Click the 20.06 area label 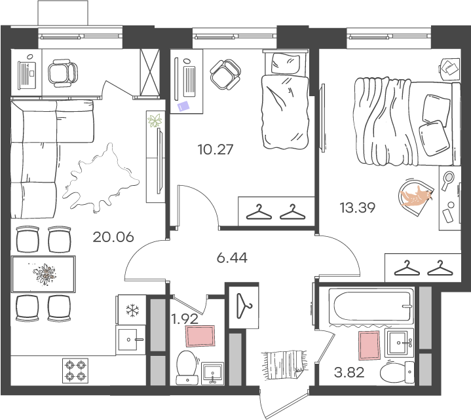(x=113, y=237)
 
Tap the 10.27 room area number (x=216, y=149)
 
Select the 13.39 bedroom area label (x=358, y=207)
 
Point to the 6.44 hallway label (x=232, y=258)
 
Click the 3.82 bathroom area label (x=349, y=373)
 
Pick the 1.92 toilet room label (x=185, y=319)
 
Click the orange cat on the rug (x=417, y=196)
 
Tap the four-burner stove (x=75, y=370)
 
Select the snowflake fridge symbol (x=132, y=310)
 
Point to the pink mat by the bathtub (x=369, y=345)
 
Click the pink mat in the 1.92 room (x=200, y=336)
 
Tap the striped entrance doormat (x=284, y=364)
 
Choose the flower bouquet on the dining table (x=45, y=273)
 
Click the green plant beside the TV (x=155, y=120)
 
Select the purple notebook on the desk (x=183, y=106)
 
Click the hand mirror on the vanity (x=447, y=181)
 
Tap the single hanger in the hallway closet (x=244, y=306)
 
